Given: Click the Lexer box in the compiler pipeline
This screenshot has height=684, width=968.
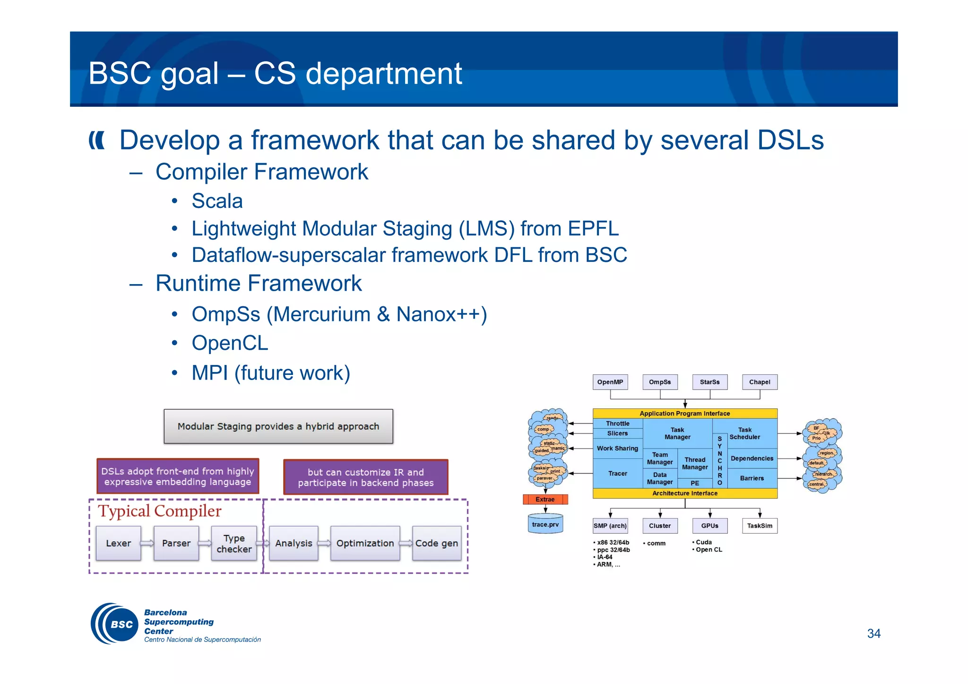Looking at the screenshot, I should (118, 543).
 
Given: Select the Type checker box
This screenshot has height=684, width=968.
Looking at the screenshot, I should (234, 544).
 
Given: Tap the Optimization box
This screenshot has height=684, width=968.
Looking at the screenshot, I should (365, 543).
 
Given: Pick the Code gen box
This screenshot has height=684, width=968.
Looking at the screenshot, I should (436, 543).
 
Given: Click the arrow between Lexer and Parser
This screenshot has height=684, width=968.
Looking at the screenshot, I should (147, 543).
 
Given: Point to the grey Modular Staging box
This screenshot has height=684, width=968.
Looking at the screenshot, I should (278, 426).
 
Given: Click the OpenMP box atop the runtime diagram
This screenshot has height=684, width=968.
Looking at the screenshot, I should (610, 382).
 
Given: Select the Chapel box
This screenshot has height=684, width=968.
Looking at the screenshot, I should (759, 382).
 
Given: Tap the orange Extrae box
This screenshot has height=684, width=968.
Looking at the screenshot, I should (545, 499).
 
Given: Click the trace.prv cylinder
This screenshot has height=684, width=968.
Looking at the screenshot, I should (545, 524).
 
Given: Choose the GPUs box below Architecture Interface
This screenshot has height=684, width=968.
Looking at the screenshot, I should (709, 526).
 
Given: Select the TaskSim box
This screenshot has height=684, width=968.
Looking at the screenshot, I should (759, 526).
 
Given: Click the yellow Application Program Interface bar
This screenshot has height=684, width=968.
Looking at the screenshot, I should (684, 413).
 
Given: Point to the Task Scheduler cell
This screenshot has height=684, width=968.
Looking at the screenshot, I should (745, 433).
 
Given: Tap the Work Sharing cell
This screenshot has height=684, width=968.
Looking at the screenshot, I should (617, 448).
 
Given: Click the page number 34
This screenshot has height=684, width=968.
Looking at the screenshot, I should (873, 633).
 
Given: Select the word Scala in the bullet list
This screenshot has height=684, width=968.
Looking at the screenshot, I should (217, 201).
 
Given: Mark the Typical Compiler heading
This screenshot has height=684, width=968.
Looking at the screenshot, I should (159, 511).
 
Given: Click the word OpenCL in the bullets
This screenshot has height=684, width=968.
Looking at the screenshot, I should (230, 343).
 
